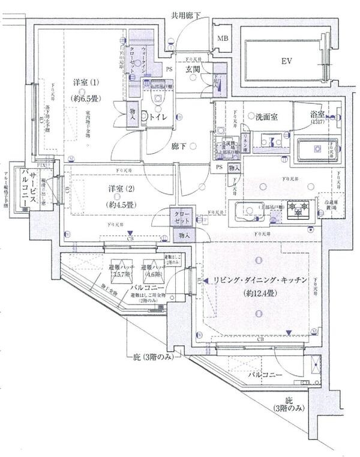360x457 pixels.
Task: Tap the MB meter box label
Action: pyautogui.click(x=223, y=40)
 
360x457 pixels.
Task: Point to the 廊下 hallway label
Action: pyautogui.click(x=179, y=145)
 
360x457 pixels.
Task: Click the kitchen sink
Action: pyautogui.click(x=246, y=211)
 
